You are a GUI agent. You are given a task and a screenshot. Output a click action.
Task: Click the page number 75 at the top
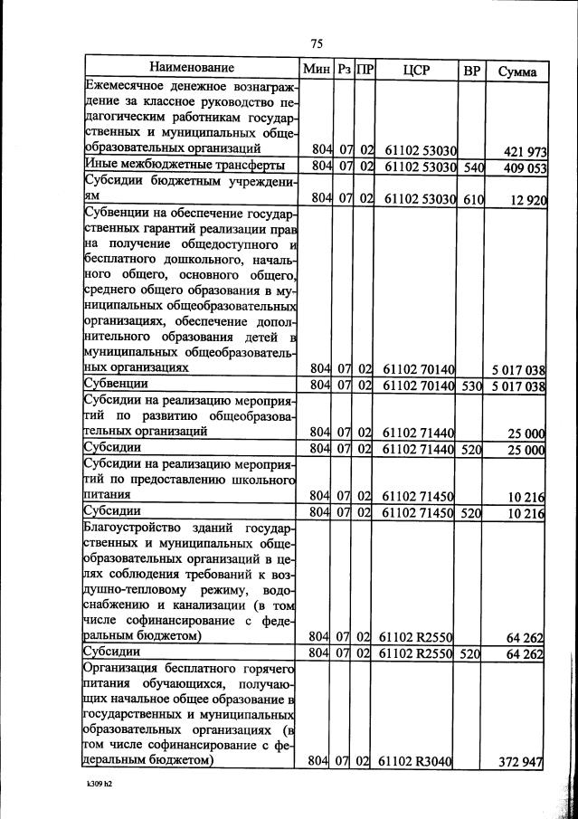[316, 43]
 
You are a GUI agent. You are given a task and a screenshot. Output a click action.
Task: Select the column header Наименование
[192, 69]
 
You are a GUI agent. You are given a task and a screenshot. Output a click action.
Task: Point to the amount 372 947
[521, 763]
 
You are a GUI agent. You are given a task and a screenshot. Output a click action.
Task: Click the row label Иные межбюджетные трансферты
[185, 166]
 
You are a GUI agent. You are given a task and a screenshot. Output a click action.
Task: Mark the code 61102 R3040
[416, 762]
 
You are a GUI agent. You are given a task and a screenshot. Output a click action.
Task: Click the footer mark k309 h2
[93, 795]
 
